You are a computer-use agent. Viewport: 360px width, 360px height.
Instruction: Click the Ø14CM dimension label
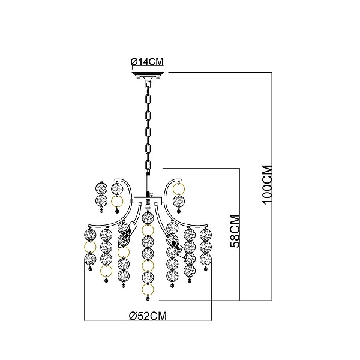click(x=147, y=62)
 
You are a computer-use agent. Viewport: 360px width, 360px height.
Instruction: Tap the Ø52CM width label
click(x=148, y=316)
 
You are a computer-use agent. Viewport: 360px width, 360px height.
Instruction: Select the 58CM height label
click(x=235, y=231)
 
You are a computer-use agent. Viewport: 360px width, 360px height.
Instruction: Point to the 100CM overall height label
click(x=267, y=184)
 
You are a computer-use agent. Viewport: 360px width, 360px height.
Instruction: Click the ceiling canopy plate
click(x=148, y=75)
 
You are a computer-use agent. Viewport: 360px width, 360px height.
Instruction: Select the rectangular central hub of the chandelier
click(x=148, y=200)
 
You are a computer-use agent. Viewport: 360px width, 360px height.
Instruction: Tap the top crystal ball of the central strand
click(x=148, y=218)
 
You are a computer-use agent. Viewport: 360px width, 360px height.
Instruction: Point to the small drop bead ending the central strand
click(x=148, y=298)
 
